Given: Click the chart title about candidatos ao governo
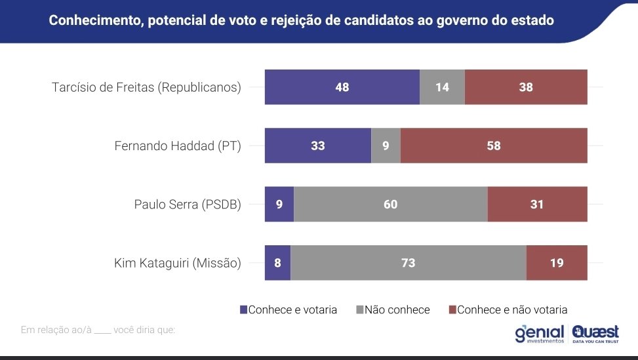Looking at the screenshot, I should [301, 20].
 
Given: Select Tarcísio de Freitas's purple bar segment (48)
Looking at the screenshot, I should [342, 87].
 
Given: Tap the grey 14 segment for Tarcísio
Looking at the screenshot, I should [442, 87].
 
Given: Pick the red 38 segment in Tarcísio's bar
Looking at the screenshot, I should [526, 87].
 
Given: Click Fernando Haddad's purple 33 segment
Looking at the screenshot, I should [317, 146].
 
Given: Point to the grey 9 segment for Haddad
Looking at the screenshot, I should [386, 146].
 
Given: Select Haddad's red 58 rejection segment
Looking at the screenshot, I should [493, 146].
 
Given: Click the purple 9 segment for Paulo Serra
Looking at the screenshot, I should [279, 204].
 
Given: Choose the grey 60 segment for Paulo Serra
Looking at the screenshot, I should [390, 204].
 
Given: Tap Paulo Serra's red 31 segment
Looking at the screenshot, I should [537, 204].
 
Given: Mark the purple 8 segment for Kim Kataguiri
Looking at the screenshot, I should [277, 263].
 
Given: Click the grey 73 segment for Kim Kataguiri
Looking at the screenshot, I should [408, 263].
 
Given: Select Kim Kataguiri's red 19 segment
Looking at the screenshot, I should [557, 263].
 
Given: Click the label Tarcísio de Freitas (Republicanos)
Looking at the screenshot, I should [146, 87].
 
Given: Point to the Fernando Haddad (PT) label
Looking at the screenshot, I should [178, 146].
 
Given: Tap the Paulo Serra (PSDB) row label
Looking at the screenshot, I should [188, 205].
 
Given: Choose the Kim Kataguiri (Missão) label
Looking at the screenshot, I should [177, 264].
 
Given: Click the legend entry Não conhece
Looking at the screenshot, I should [393, 310].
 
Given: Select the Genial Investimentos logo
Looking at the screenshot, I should [539, 334].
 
